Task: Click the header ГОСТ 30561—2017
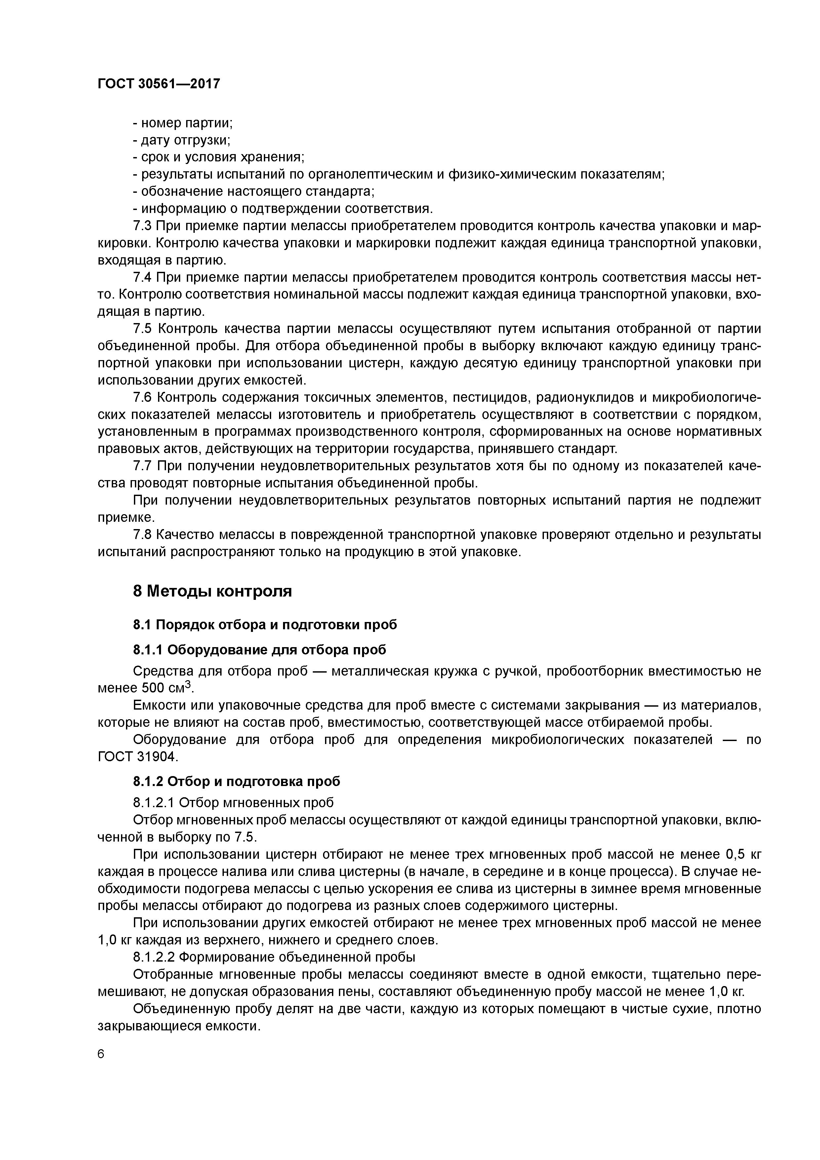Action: pos(159,83)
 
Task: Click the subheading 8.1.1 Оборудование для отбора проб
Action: pos(259,650)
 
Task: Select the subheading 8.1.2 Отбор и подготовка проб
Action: pos(236,782)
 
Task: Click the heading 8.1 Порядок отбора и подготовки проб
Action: pos(265,625)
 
